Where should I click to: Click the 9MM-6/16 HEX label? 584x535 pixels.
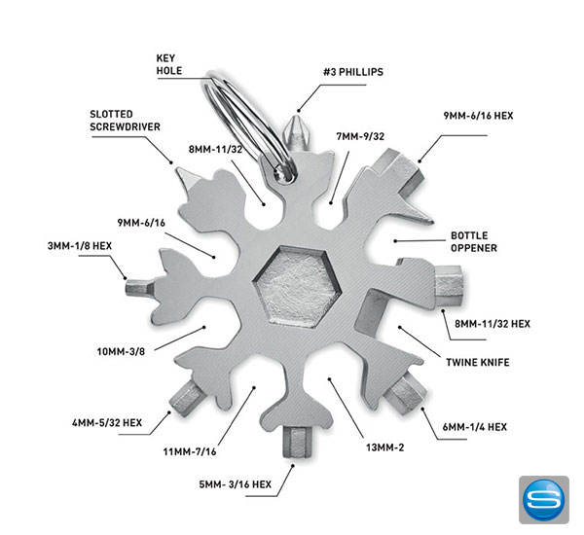[x=478, y=116]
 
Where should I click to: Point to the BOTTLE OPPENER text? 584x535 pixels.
[x=474, y=241]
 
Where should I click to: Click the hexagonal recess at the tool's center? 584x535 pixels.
[x=291, y=282]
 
